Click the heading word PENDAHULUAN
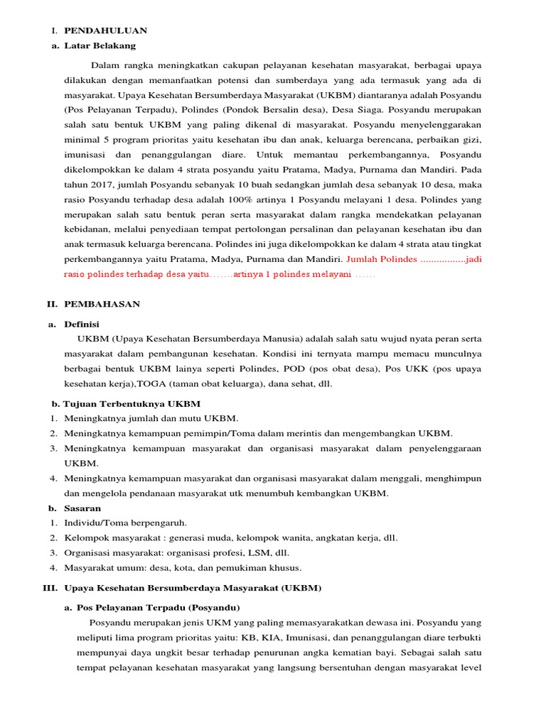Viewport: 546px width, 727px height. [105, 31]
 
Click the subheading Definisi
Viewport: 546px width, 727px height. [82, 324]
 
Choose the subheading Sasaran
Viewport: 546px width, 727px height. [82, 508]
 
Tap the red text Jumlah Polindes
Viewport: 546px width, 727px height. [381, 259]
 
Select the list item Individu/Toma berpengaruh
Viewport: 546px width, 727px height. [125, 523]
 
